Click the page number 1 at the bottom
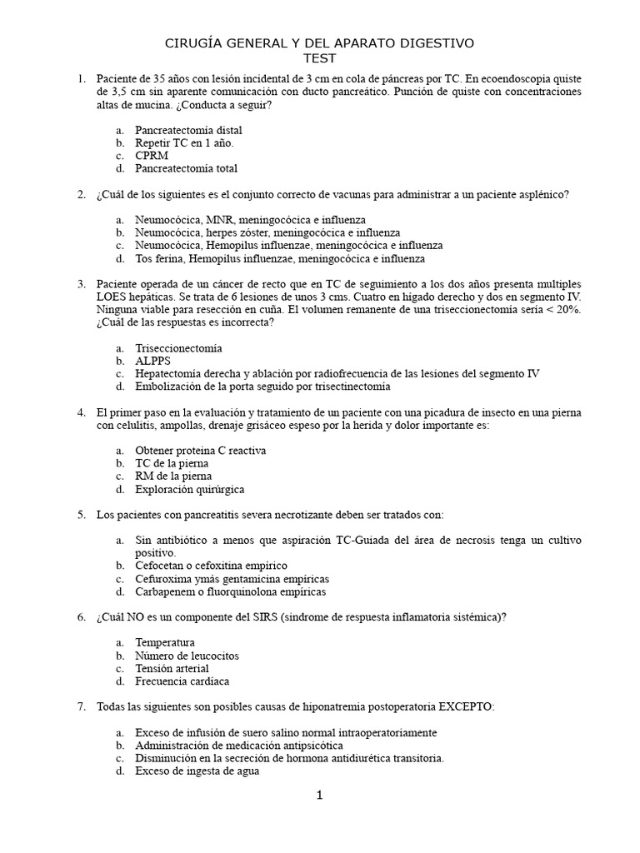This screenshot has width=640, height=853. [319, 796]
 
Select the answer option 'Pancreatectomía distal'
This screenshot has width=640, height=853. [189, 130]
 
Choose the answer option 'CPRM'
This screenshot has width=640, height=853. [152, 156]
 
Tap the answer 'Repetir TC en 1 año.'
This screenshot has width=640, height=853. [179, 143]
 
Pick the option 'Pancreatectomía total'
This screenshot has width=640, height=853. [187, 168]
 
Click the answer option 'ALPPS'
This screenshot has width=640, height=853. [154, 361]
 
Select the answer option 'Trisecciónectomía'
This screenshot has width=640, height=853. [179, 348]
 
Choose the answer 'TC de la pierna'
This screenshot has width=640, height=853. [172, 463]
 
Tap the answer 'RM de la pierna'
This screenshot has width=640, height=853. [173, 476]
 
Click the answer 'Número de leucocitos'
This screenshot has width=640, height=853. [187, 656]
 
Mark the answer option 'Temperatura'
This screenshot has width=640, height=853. [166, 642]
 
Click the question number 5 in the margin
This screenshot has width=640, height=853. [82, 515]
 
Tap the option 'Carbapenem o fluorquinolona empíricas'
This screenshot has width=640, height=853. [231, 591]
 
